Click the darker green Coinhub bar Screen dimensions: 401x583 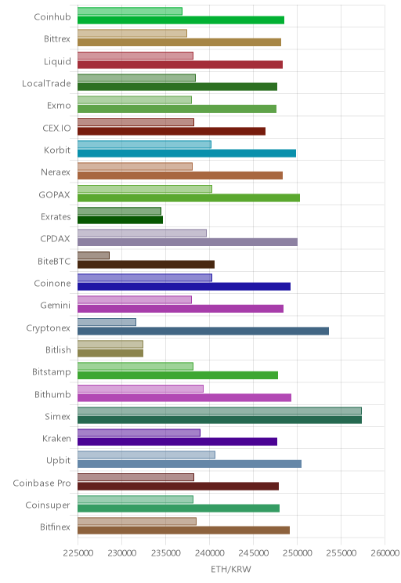pyautogui.click(x=181, y=20)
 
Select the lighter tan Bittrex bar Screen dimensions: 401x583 pyautogui.click(x=132, y=34)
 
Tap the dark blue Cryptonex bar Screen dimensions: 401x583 pyautogui.click(x=203, y=331)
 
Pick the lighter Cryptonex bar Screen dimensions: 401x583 pyautogui.click(x=107, y=322)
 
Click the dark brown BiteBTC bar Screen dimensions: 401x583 pyautogui.click(x=146, y=264)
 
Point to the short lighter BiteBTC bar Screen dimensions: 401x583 pyautogui.click(x=93, y=255)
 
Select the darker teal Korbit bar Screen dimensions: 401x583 pyautogui.click(x=186, y=153)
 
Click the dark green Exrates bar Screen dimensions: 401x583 pyautogui.click(x=120, y=220)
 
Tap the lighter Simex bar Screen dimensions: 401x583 pyautogui.click(x=219, y=411)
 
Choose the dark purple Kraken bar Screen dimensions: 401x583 pyautogui.click(x=177, y=442)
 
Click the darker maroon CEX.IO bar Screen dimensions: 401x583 pyautogui.click(x=172, y=131)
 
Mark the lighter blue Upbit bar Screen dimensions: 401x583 pyautogui.click(x=146, y=455)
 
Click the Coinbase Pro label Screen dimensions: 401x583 pyautogui.click(x=42, y=483)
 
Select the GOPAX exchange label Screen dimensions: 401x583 pyautogui.click(x=54, y=194)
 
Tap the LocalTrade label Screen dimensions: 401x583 pyautogui.click(x=46, y=83)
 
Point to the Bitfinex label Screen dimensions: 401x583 pyautogui.click(x=55, y=527)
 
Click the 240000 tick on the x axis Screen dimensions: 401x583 pyautogui.click(x=209, y=553)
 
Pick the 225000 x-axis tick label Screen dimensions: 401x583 pyautogui.click(x=78, y=553)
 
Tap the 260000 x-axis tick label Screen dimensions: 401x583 pyautogui.click(x=385, y=553)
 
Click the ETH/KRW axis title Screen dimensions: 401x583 pyautogui.click(x=231, y=569)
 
